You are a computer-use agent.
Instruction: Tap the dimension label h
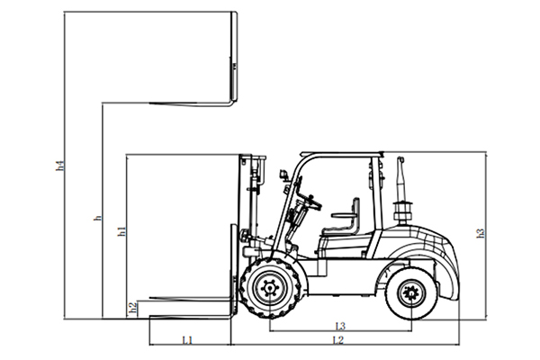pos(98,218)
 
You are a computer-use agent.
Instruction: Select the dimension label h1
pos(121,232)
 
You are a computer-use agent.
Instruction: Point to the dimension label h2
pos(133,308)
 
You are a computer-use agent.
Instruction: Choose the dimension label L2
pos(337,340)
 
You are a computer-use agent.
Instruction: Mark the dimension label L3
pos(340,325)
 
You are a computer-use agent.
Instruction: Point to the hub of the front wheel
pos(268,290)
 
